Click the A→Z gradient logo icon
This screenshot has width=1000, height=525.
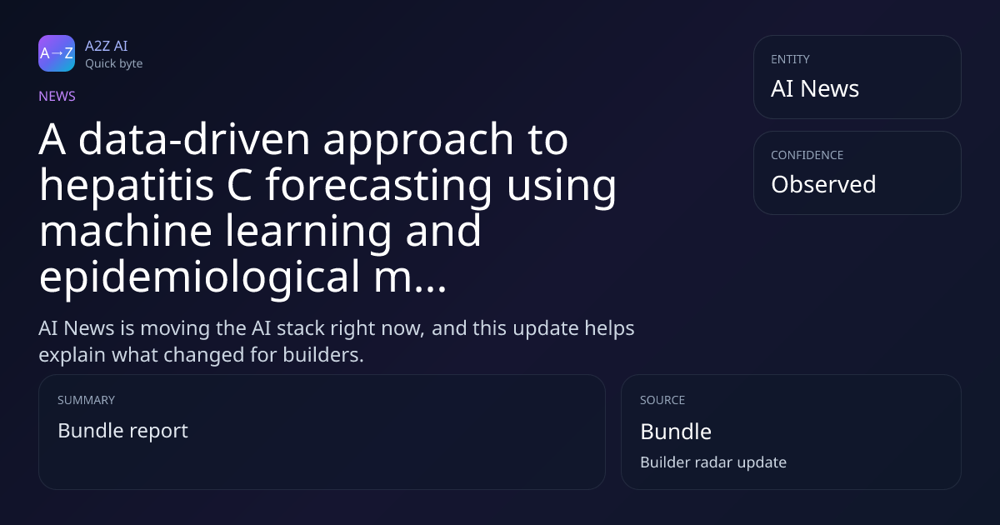(57, 53)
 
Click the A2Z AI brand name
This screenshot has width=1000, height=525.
(107, 46)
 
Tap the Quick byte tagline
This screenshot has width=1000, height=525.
(114, 64)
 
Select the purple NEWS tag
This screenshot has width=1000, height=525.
(57, 97)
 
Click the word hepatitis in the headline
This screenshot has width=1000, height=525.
(127, 185)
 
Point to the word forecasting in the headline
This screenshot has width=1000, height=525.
(378, 185)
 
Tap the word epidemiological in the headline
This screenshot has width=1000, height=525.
(199, 277)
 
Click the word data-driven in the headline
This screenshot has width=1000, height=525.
(194, 139)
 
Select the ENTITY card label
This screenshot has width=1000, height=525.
(790, 59)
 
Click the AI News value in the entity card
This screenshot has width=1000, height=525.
(815, 88)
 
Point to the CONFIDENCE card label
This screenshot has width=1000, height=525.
(807, 155)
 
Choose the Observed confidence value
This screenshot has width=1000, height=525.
(823, 184)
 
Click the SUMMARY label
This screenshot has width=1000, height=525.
(86, 400)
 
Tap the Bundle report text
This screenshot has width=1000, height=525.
(122, 431)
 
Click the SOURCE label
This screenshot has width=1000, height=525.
(662, 400)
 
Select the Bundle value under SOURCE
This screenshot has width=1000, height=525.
(676, 432)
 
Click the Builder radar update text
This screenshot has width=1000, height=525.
(713, 462)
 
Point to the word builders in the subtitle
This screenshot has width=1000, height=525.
(323, 355)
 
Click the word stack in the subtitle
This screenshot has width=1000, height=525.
(301, 328)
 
